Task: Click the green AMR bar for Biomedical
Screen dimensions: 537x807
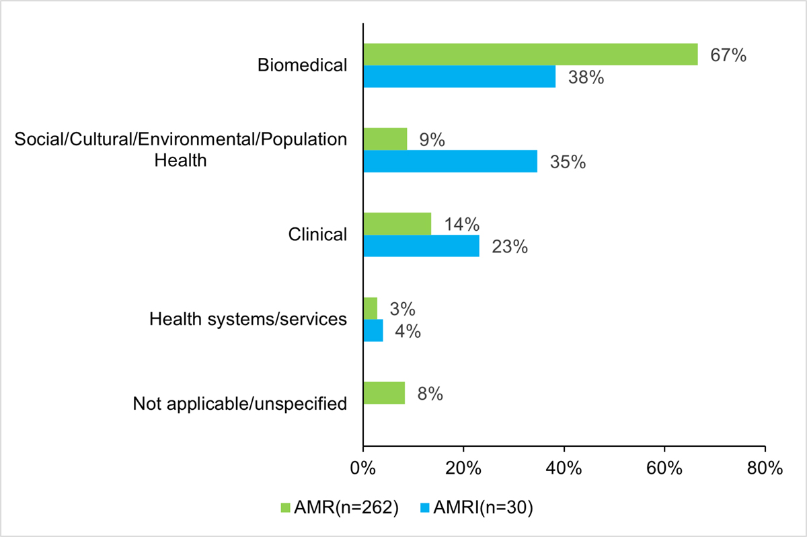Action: click(530, 55)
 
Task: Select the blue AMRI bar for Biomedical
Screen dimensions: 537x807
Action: click(459, 77)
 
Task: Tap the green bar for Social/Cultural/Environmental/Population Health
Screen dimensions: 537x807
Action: click(385, 139)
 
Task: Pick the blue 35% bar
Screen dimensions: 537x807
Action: click(450, 162)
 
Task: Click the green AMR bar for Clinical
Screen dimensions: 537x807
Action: click(397, 223)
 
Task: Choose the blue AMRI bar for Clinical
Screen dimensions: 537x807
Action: click(421, 246)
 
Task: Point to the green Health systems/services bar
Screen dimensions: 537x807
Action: click(370, 308)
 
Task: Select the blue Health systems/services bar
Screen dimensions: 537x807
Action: click(373, 330)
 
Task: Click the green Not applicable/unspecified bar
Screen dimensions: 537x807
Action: click(384, 393)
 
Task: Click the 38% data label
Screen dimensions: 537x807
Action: click(586, 77)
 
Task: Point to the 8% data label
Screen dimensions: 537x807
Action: click(429, 394)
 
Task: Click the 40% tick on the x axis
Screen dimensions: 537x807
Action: click(564, 468)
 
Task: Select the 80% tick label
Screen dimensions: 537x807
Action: click(765, 468)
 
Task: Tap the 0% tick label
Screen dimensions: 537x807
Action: click(363, 468)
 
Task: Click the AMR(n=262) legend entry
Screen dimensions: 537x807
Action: click(344, 508)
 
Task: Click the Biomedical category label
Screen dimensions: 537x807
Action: click(303, 65)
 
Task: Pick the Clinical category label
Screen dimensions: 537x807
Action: click(317, 234)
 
